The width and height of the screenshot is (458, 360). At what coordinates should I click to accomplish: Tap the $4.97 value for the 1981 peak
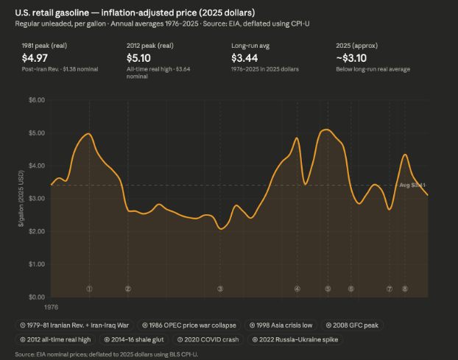[36, 57]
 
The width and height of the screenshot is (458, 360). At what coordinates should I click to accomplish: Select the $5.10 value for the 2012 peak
[141, 57]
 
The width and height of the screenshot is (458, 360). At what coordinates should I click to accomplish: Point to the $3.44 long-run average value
[245, 57]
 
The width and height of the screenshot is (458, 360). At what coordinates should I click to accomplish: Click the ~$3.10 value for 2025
[352, 57]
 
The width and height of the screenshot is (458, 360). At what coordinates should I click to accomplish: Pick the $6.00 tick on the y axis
[36, 99]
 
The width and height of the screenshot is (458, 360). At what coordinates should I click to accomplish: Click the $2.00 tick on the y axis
[36, 231]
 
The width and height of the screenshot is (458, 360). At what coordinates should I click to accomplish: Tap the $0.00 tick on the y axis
[36, 297]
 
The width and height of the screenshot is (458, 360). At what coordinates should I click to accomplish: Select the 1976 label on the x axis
[52, 306]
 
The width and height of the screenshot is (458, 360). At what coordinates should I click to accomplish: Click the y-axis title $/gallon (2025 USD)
[22, 199]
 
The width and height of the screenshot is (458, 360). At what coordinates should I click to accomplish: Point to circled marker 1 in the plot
[89, 289]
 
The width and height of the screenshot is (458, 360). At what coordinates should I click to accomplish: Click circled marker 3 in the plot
[220, 289]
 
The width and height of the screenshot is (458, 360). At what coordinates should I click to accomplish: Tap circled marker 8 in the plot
[404, 289]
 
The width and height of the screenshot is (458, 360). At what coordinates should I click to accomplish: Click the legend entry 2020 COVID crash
[212, 340]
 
